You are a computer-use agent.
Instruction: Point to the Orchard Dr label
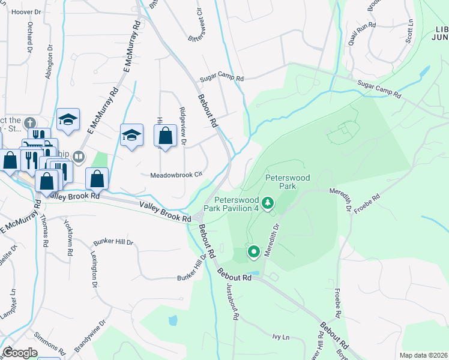29,38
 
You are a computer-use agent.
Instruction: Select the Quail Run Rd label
361,34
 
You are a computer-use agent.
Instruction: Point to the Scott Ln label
411,29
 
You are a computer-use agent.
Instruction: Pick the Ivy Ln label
281,337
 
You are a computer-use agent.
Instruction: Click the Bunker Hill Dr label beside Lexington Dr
113,242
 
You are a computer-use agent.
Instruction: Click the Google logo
20,353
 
